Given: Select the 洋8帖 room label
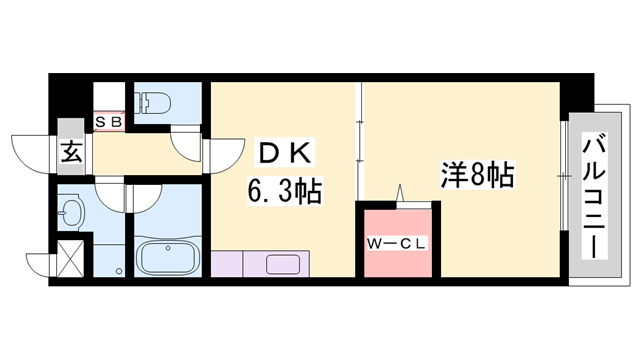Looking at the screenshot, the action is tap(477, 177).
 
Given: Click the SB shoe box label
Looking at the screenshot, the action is tap(108, 122).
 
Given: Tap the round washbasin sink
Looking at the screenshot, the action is tap(72, 212).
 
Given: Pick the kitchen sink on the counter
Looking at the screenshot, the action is tap(282, 265).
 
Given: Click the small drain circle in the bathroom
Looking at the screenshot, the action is tap(121, 271).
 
